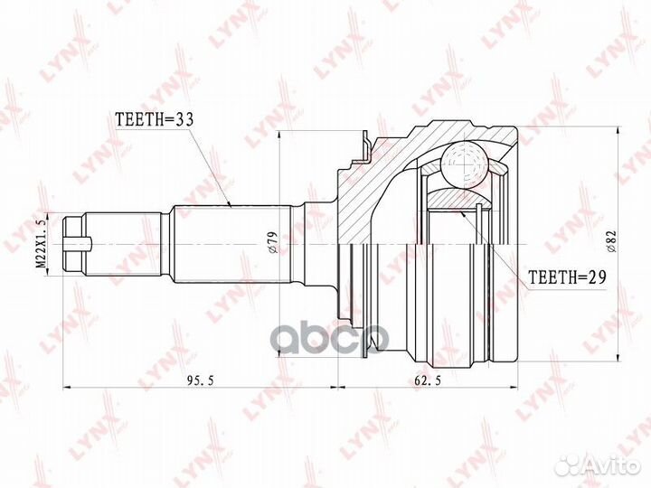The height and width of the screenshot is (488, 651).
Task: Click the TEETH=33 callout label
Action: pos(155,119)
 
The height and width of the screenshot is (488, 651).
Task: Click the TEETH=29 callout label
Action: pos(567,277)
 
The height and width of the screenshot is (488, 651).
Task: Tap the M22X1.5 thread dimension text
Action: pos(42,244)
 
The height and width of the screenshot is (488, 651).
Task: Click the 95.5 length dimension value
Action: pos(200,381)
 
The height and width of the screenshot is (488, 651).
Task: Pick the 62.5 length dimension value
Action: pos(428,381)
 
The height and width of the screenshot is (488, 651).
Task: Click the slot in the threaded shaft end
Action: pos(78,244)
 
